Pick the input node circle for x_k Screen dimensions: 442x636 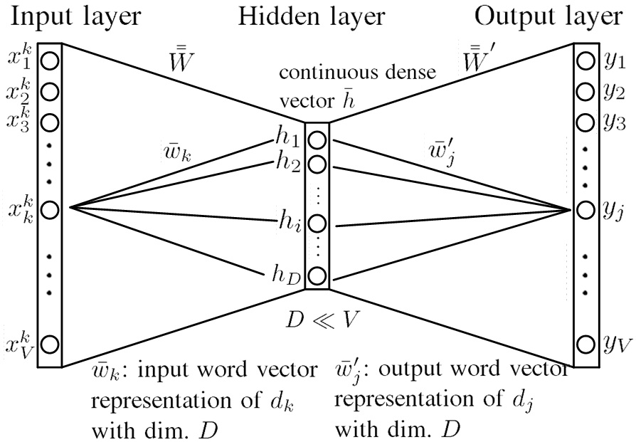pyautogui.click(x=49, y=210)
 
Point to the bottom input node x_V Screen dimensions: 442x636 pyautogui.click(x=49, y=344)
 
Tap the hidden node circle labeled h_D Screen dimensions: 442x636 pyautogui.click(x=317, y=275)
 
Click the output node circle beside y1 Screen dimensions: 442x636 pyautogui.click(x=585, y=63)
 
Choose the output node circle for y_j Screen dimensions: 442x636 pyautogui.click(x=585, y=210)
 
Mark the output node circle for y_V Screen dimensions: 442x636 pyautogui.click(x=585, y=344)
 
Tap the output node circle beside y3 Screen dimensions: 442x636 pyautogui.click(x=585, y=121)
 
